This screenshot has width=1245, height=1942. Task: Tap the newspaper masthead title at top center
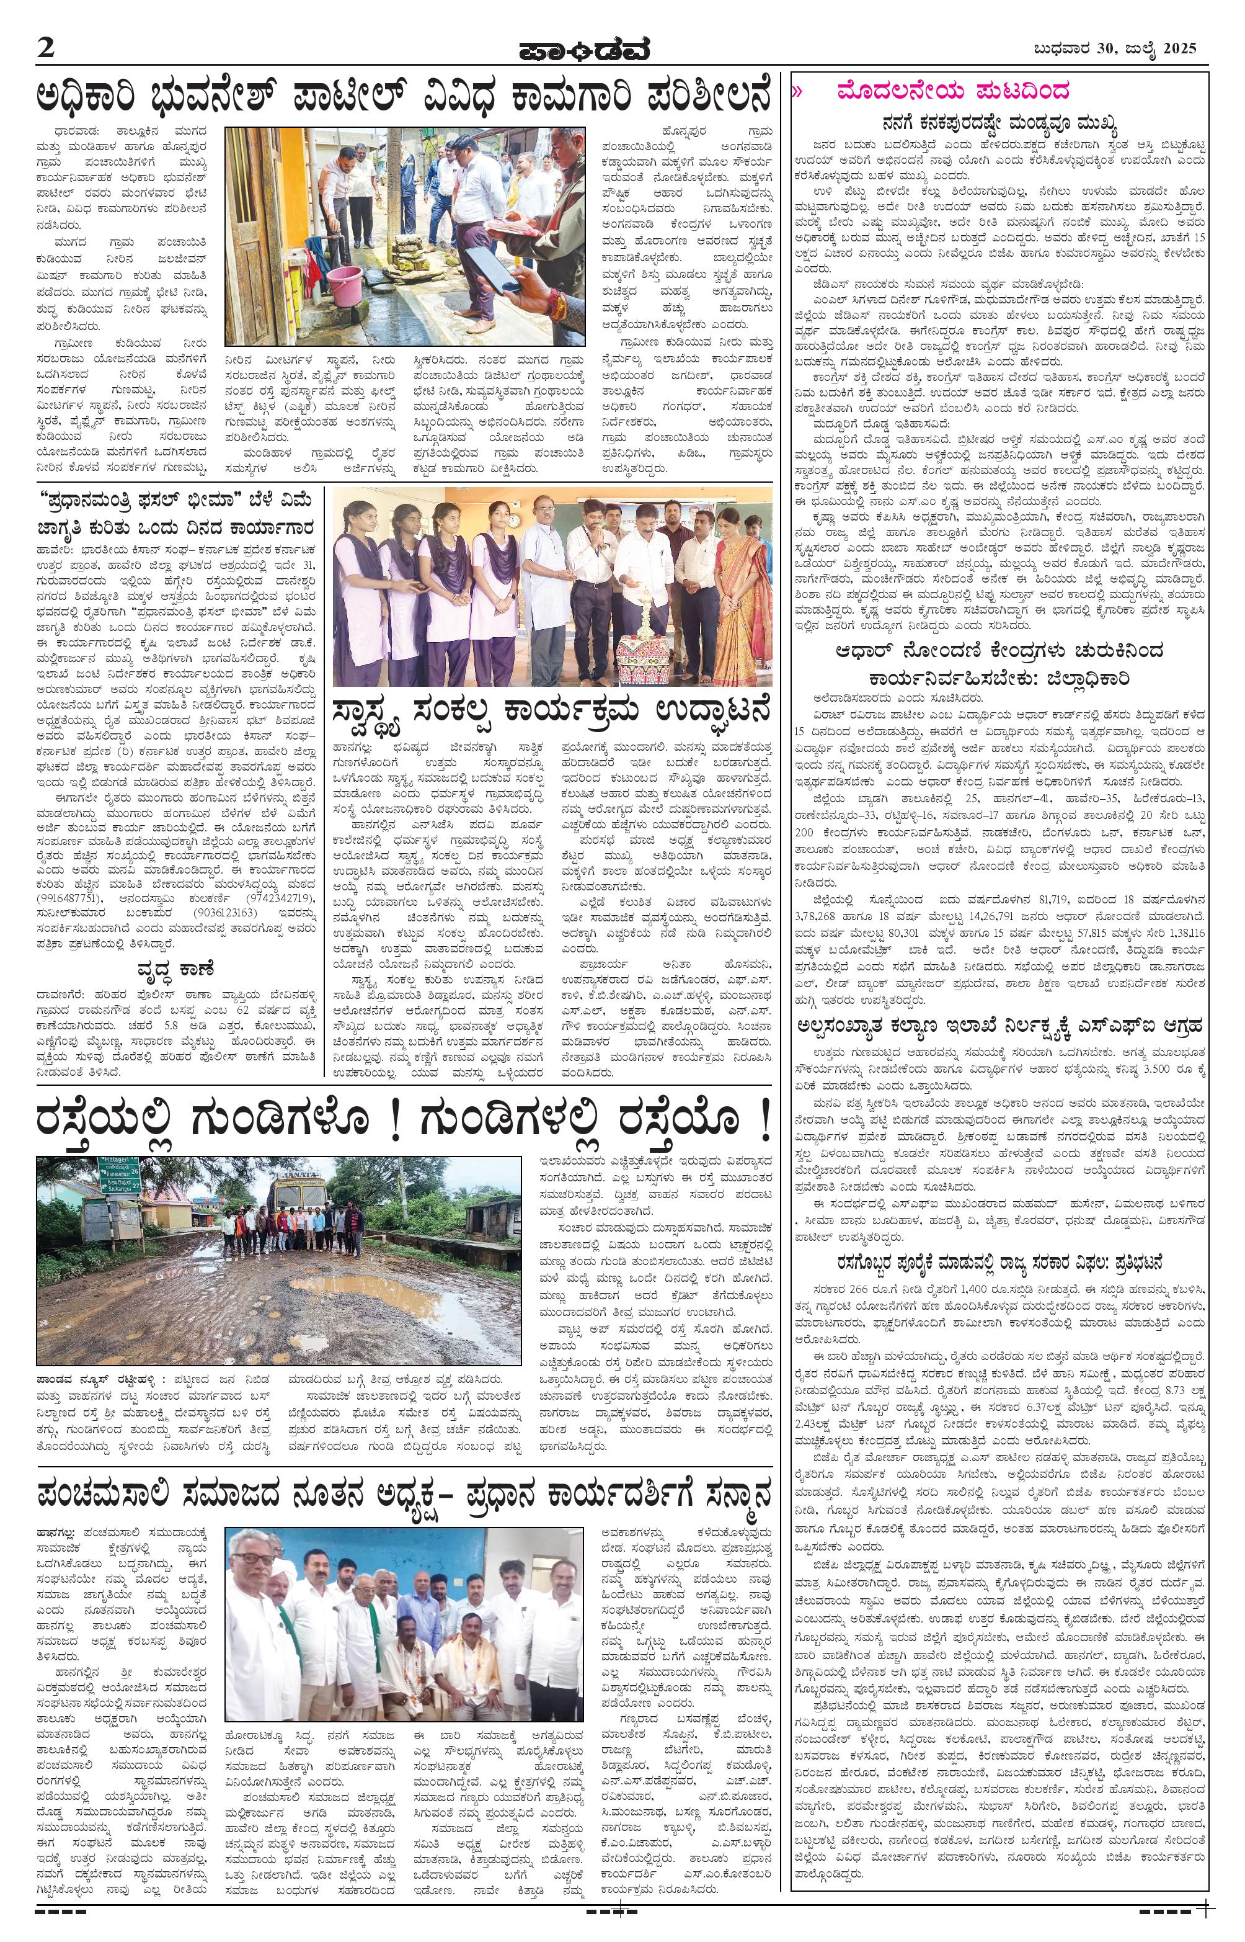[583, 50]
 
